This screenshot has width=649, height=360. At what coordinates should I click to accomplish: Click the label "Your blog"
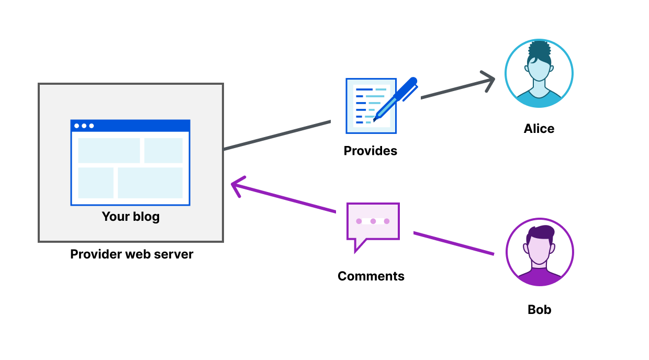130,217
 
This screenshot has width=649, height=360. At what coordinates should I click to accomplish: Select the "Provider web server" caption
131,254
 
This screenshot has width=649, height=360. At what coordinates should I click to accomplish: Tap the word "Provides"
370,151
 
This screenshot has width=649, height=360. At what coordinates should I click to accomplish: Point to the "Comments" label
371,276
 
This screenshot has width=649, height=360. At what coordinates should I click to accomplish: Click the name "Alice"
539,129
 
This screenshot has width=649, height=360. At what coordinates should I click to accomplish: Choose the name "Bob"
539,310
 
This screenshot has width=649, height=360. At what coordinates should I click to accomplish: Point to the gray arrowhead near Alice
490,81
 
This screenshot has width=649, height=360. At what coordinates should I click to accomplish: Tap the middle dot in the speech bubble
373,221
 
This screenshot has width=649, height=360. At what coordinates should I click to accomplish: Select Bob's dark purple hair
541,232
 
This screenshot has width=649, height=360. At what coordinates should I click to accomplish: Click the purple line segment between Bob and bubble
453,243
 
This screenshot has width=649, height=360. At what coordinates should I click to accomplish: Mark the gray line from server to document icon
277,135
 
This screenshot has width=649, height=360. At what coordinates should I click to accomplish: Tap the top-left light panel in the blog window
109,151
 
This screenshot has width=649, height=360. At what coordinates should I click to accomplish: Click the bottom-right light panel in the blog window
150,183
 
